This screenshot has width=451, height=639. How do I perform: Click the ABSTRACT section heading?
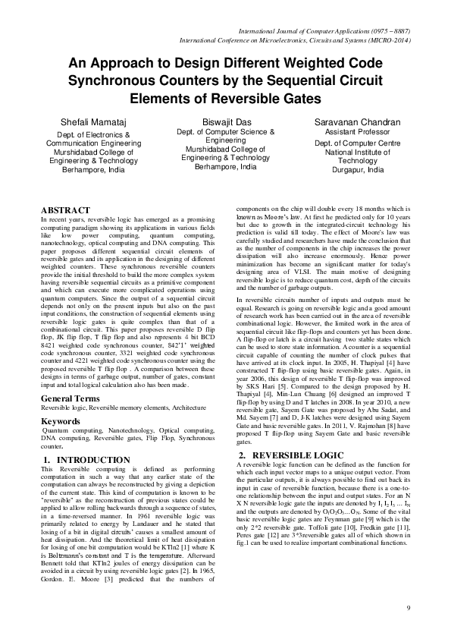pos(65,209)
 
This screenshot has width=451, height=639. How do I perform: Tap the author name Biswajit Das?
pos(225,122)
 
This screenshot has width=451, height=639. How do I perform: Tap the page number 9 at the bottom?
pos(408,608)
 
